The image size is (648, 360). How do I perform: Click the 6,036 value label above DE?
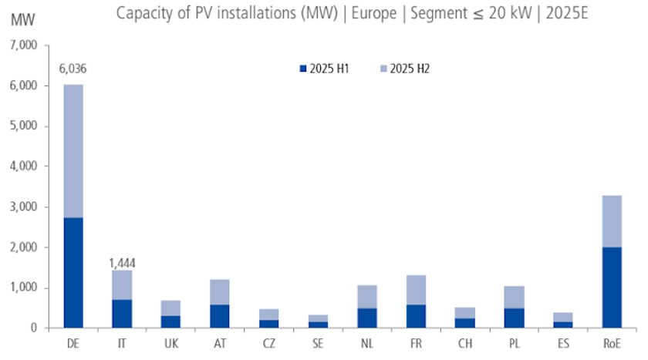(73, 69)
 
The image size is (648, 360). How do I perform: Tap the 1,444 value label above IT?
(121, 263)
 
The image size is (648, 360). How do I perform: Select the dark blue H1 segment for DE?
(73, 273)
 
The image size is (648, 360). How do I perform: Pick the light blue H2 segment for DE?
(73, 151)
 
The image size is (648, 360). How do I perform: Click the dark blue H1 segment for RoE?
(612, 288)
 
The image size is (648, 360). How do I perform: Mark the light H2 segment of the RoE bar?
(612, 221)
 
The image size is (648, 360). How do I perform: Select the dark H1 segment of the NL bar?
(366, 318)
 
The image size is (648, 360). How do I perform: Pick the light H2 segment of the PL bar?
(514, 297)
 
